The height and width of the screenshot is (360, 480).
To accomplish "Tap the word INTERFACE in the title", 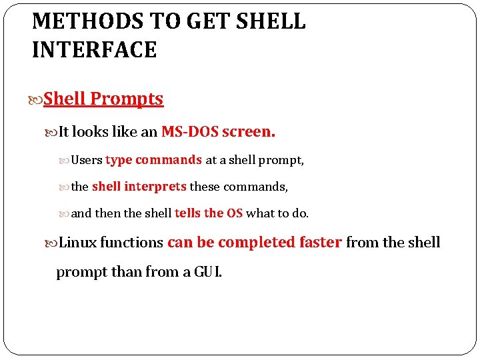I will point(94,50).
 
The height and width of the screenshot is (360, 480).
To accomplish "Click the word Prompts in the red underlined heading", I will point(127,99).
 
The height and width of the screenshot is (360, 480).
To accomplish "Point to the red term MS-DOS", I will point(189,132).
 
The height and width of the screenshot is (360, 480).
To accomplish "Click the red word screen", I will point(248,132).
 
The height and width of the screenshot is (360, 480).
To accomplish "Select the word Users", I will point(87,160).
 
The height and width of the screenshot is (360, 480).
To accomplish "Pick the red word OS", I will point(235,213).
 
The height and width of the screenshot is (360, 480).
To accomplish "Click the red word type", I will point(118,160).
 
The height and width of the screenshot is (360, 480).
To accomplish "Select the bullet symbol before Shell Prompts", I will point(37,99).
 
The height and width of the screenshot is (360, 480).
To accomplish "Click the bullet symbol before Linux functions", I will point(53,243).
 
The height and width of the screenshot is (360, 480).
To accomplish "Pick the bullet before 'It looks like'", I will point(53,133).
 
